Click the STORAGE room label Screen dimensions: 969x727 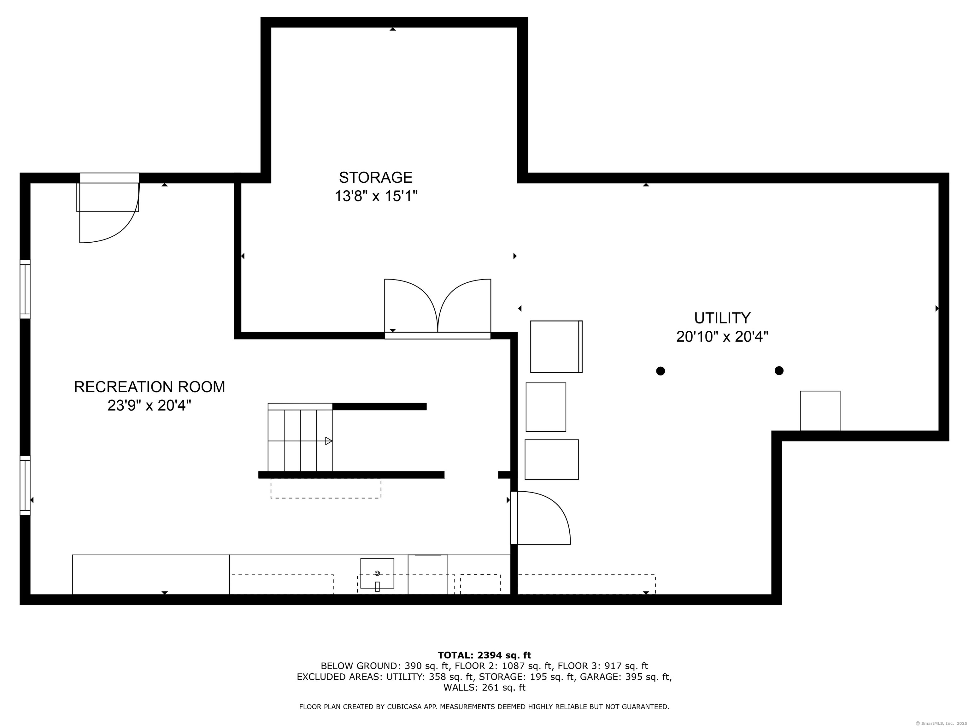[x=375, y=177]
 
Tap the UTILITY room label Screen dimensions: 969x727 [x=722, y=318]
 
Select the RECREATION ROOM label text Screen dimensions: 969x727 [x=150, y=387]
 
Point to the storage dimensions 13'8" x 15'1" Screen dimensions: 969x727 [x=376, y=196]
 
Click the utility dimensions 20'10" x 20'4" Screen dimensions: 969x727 [x=722, y=337]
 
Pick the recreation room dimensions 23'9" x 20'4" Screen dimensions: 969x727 [x=150, y=406]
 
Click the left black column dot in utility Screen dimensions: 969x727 [x=661, y=371]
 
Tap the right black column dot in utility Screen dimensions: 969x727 [x=779, y=371]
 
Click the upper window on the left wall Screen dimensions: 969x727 [x=25, y=289]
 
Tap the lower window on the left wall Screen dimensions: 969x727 [x=25, y=486]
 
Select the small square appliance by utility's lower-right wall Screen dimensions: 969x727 [x=820, y=411]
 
